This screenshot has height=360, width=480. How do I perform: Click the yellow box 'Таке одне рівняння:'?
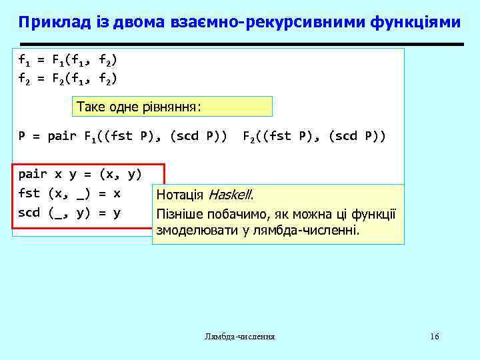click(172, 107)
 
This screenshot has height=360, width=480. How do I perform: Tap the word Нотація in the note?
click(181, 195)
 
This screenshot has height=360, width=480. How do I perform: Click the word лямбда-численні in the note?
click(315, 231)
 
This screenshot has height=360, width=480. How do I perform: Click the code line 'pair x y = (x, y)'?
click(79, 175)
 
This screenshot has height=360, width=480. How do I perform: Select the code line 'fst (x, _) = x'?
click(69, 194)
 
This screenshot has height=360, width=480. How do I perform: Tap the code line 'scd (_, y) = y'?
click(69, 213)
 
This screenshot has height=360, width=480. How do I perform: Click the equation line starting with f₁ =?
click(67, 61)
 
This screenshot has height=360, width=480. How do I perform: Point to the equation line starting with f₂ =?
click(67, 79)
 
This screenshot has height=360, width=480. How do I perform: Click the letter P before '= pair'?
click(22, 137)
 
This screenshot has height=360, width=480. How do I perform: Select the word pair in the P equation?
click(63, 137)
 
